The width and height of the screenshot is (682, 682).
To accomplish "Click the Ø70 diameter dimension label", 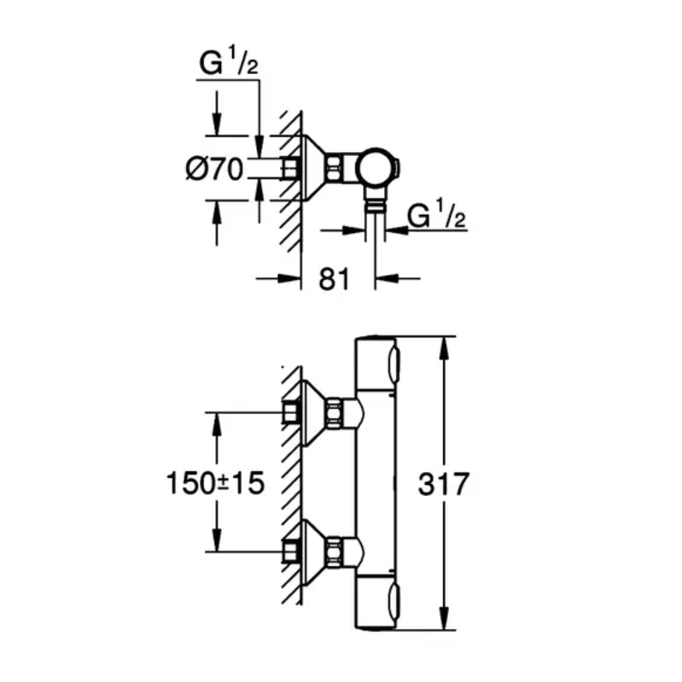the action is click(x=215, y=169).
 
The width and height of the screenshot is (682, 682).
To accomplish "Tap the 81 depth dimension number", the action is click(x=334, y=279).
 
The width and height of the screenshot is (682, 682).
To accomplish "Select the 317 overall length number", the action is click(x=443, y=484).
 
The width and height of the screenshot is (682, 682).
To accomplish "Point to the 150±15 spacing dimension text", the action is click(x=215, y=483).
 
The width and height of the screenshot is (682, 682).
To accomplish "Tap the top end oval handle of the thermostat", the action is click(x=394, y=365).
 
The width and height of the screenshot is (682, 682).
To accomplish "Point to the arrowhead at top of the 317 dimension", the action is click(x=444, y=348).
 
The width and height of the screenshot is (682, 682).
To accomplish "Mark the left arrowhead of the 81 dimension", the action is click(x=289, y=279).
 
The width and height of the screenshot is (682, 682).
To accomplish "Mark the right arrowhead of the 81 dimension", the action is click(x=386, y=279).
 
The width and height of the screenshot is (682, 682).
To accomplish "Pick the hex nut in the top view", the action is click(x=334, y=167).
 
